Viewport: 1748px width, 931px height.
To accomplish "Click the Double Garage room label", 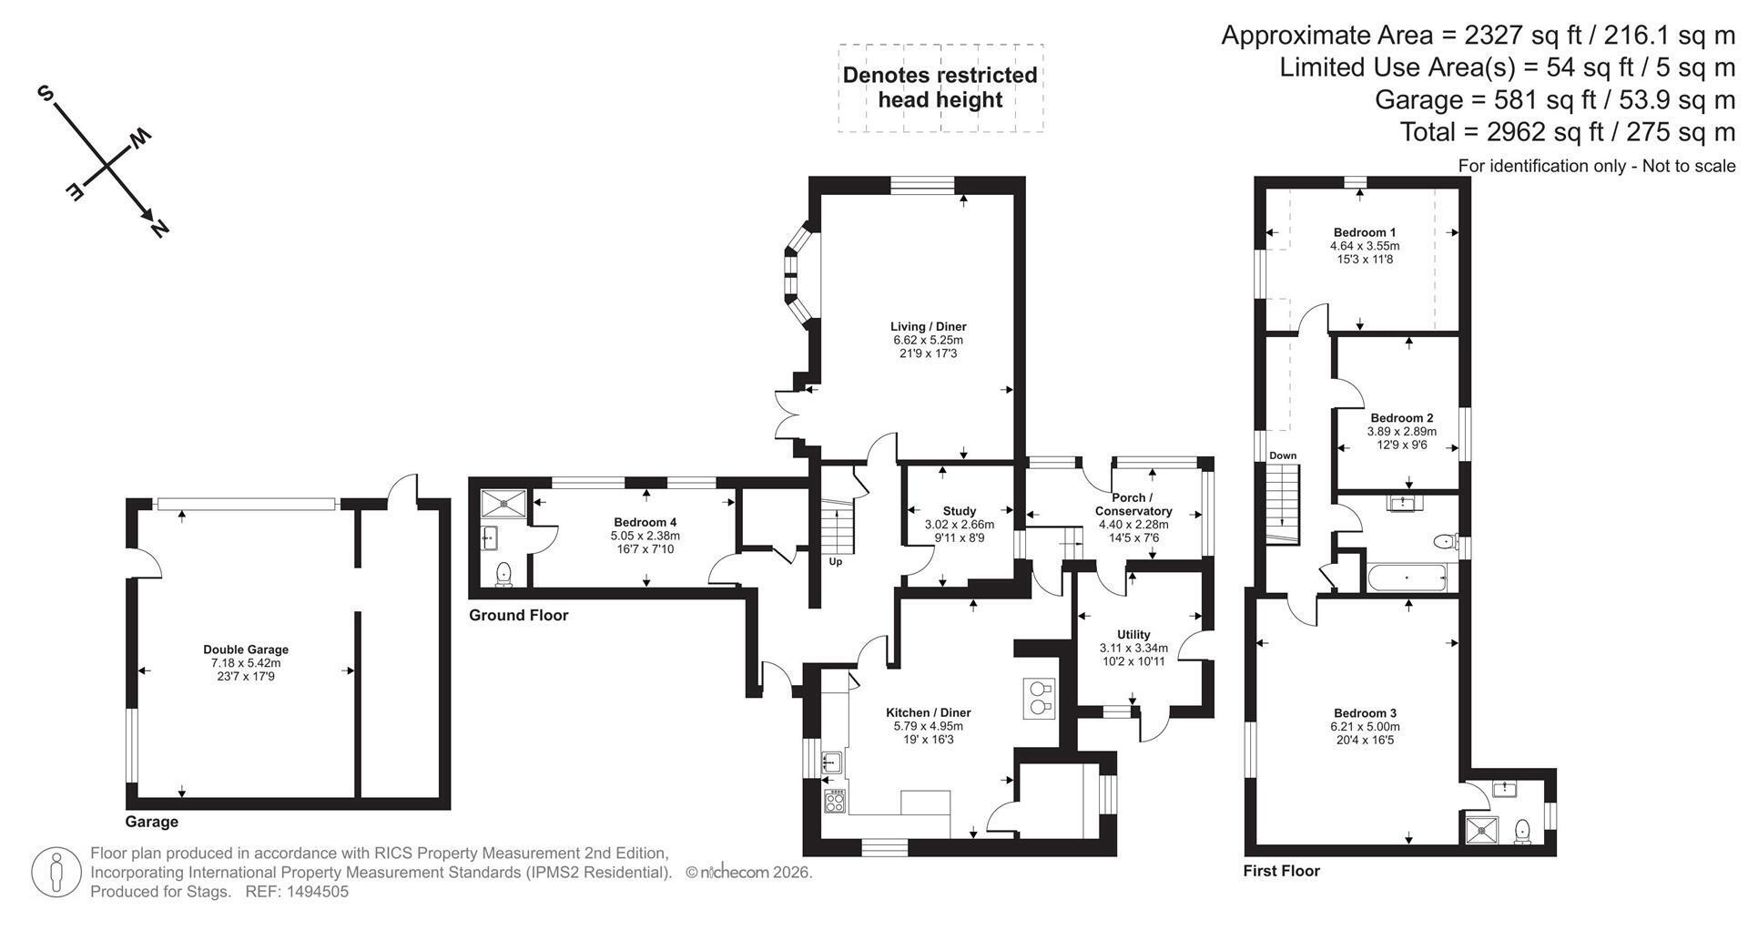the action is point(246,650).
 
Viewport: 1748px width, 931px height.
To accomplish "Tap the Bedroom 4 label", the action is point(645,522).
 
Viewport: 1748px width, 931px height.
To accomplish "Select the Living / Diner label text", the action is point(928,326).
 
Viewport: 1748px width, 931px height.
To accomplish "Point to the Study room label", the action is point(960,511).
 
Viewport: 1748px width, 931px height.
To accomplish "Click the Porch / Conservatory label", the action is point(1133,505).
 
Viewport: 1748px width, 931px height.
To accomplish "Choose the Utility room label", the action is point(1133,634).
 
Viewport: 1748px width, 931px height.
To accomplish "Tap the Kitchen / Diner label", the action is point(929,712).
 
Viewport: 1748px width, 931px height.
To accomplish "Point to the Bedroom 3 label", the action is point(1365,713).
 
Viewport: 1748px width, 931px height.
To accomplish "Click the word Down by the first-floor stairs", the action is point(1283,455).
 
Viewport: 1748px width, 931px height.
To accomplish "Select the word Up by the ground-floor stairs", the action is point(835,561).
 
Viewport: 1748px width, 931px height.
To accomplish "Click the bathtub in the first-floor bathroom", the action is point(1408,578).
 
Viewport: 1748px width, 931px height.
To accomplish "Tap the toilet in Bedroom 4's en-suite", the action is point(503,573).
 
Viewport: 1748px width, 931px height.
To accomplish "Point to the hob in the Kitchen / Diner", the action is point(834,801).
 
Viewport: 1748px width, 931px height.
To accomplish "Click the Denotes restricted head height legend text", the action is point(940,87).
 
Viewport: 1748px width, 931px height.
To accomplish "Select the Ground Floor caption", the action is point(518,615).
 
